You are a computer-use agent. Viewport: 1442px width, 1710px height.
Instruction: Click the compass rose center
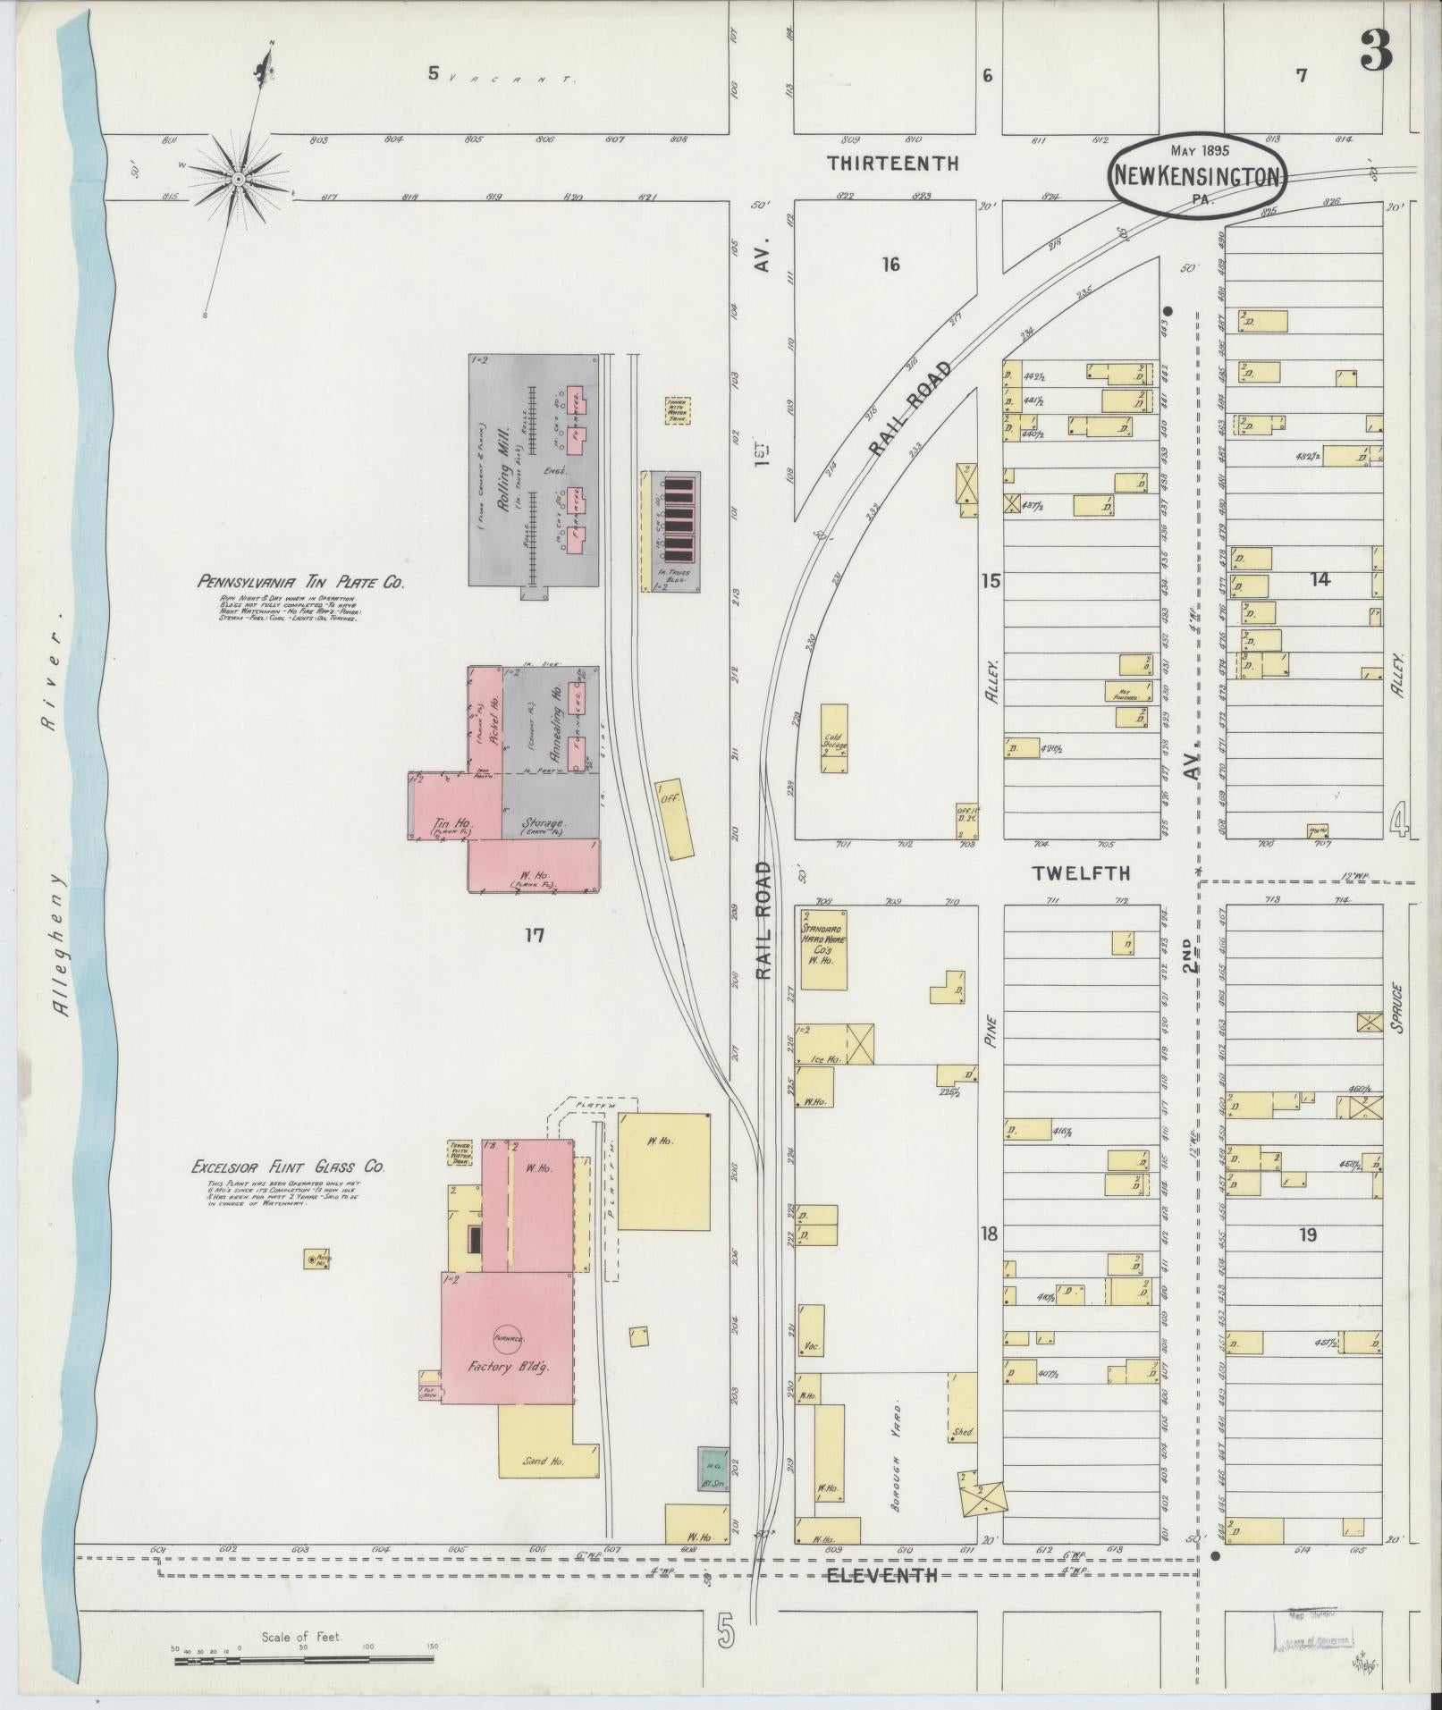coord(239,180)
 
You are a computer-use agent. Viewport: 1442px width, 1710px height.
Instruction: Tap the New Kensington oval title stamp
coord(1199,176)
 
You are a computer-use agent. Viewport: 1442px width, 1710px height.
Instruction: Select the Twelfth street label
coord(1081,873)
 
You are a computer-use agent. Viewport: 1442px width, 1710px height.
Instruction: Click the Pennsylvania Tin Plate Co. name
coord(300,582)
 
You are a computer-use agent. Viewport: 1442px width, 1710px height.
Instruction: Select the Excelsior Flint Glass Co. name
coord(288,1167)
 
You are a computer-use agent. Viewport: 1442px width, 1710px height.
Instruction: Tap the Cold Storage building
coord(835,738)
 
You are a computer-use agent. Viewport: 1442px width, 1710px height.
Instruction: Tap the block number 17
coord(535,936)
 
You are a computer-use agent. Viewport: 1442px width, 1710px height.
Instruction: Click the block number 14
coord(1320,579)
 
